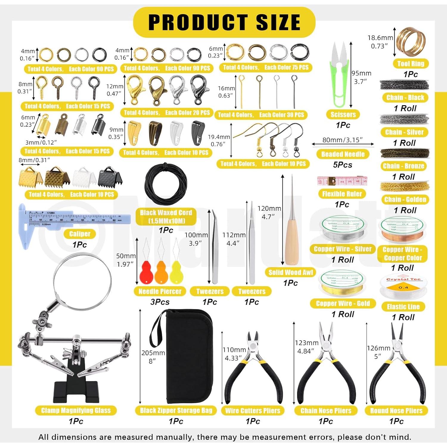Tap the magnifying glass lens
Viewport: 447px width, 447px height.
(x=83, y=281)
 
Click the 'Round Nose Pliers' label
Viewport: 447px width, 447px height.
(x=396, y=411)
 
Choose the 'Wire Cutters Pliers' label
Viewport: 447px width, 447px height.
(x=253, y=411)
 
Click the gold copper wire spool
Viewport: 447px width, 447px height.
(x=343, y=283)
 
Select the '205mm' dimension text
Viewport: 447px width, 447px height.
(x=153, y=353)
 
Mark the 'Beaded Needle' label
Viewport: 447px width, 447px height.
(x=343, y=154)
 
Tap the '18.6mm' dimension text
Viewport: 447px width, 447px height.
(x=380, y=38)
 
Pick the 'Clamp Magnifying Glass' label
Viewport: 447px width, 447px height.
(x=76, y=411)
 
